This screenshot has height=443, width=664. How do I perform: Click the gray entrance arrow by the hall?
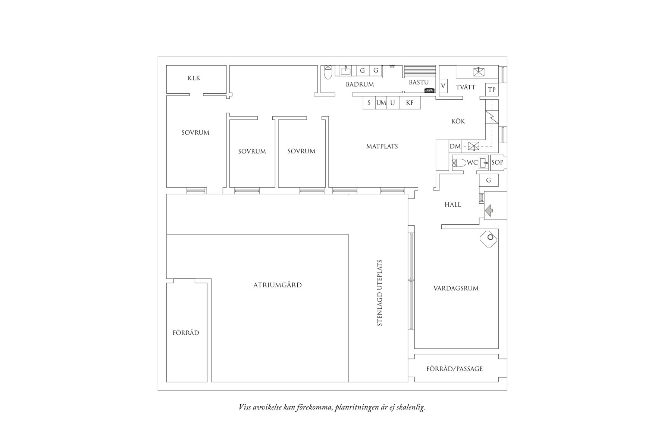click(x=489, y=211)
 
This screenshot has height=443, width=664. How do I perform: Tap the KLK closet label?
click(x=194, y=78)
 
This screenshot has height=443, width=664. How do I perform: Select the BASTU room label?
click(x=419, y=82)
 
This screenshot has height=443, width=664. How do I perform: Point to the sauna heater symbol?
click(x=429, y=90)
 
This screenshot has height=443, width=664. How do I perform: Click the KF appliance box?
click(x=410, y=103)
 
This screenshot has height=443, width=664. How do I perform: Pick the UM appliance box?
click(x=381, y=103)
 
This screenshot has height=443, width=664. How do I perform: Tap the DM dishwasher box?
click(x=455, y=146)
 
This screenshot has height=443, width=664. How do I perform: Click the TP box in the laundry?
click(x=492, y=90)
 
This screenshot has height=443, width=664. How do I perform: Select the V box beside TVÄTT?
click(x=443, y=86)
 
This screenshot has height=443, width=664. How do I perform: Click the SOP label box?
click(x=497, y=162)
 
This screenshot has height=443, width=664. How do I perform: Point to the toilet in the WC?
click(x=459, y=163)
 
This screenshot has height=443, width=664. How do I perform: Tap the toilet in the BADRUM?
click(x=328, y=73)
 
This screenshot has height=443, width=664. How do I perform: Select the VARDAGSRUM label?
click(x=456, y=288)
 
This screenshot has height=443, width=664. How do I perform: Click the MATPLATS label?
click(x=382, y=146)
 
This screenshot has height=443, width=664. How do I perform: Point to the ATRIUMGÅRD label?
click(x=278, y=285)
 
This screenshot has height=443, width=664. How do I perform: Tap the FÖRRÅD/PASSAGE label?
click(x=454, y=369)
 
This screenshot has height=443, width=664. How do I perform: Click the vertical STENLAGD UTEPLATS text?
click(x=380, y=293)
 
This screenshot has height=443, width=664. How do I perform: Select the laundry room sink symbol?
click(x=479, y=71)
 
